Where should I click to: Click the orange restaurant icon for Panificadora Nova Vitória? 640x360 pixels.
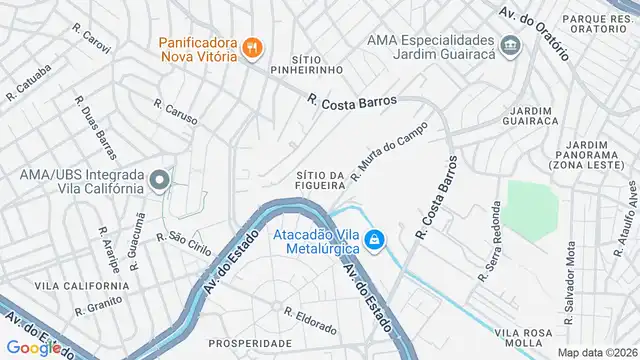[x=252, y=46]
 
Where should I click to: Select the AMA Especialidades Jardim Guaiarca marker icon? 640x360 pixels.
[x=511, y=47]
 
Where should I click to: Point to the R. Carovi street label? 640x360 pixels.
[x=90, y=35]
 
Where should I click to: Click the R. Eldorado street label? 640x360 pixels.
[x=309, y=319]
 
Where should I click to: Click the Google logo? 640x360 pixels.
[x=33, y=348]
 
